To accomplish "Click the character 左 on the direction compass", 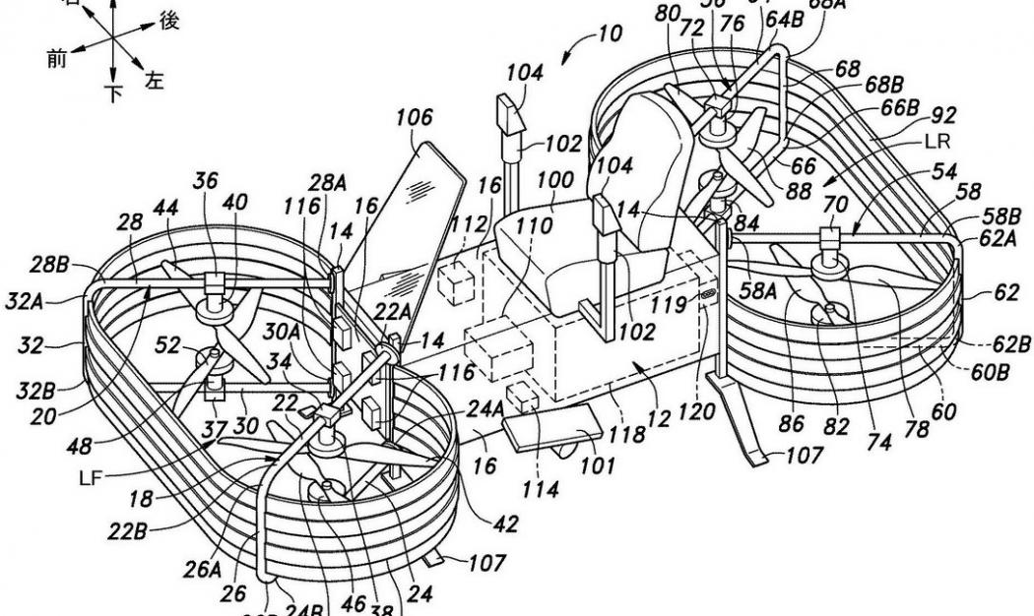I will click(154, 81).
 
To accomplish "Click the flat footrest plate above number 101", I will click(552, 431).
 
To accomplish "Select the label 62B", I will click(1009, 344).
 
